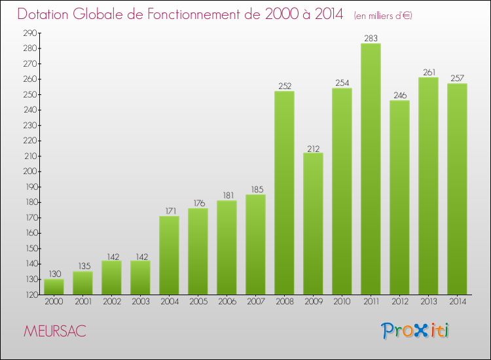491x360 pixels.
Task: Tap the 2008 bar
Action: point(284,193)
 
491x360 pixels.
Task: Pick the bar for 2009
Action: point(313,223)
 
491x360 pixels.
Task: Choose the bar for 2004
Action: point(169,255)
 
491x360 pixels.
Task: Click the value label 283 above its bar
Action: point(371,39)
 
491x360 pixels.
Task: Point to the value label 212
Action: point(313,148)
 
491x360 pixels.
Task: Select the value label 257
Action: point(457,79)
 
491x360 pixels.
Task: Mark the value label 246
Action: point(399,96)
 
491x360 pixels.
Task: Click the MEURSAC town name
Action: point(54,331)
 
